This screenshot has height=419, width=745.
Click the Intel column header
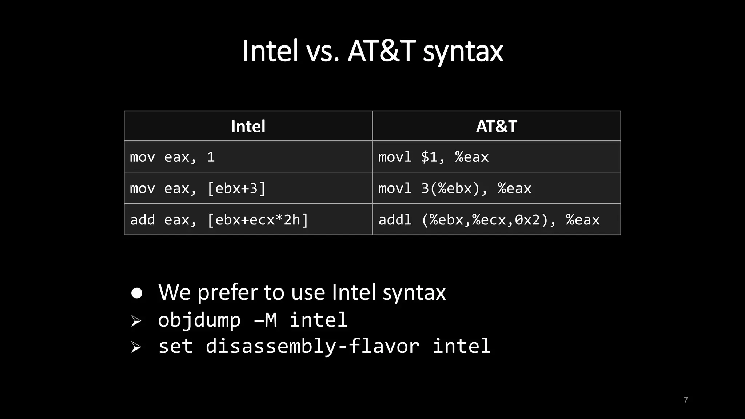[248, 126]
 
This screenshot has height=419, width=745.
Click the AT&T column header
[497, 126]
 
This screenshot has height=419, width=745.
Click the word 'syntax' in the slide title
[463, 51]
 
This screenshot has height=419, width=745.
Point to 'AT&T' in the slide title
[382, 51]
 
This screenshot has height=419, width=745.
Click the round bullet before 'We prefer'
[137, 293]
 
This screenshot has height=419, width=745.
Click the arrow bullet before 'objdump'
[136, 321]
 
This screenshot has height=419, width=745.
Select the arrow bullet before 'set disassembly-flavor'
[136, 347]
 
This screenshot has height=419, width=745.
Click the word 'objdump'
[199, 320]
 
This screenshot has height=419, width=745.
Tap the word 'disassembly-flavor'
[312, 346]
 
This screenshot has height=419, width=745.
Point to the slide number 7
[686, 400]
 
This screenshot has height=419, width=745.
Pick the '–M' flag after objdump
[266, 320]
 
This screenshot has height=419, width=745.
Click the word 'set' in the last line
[175, 346]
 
